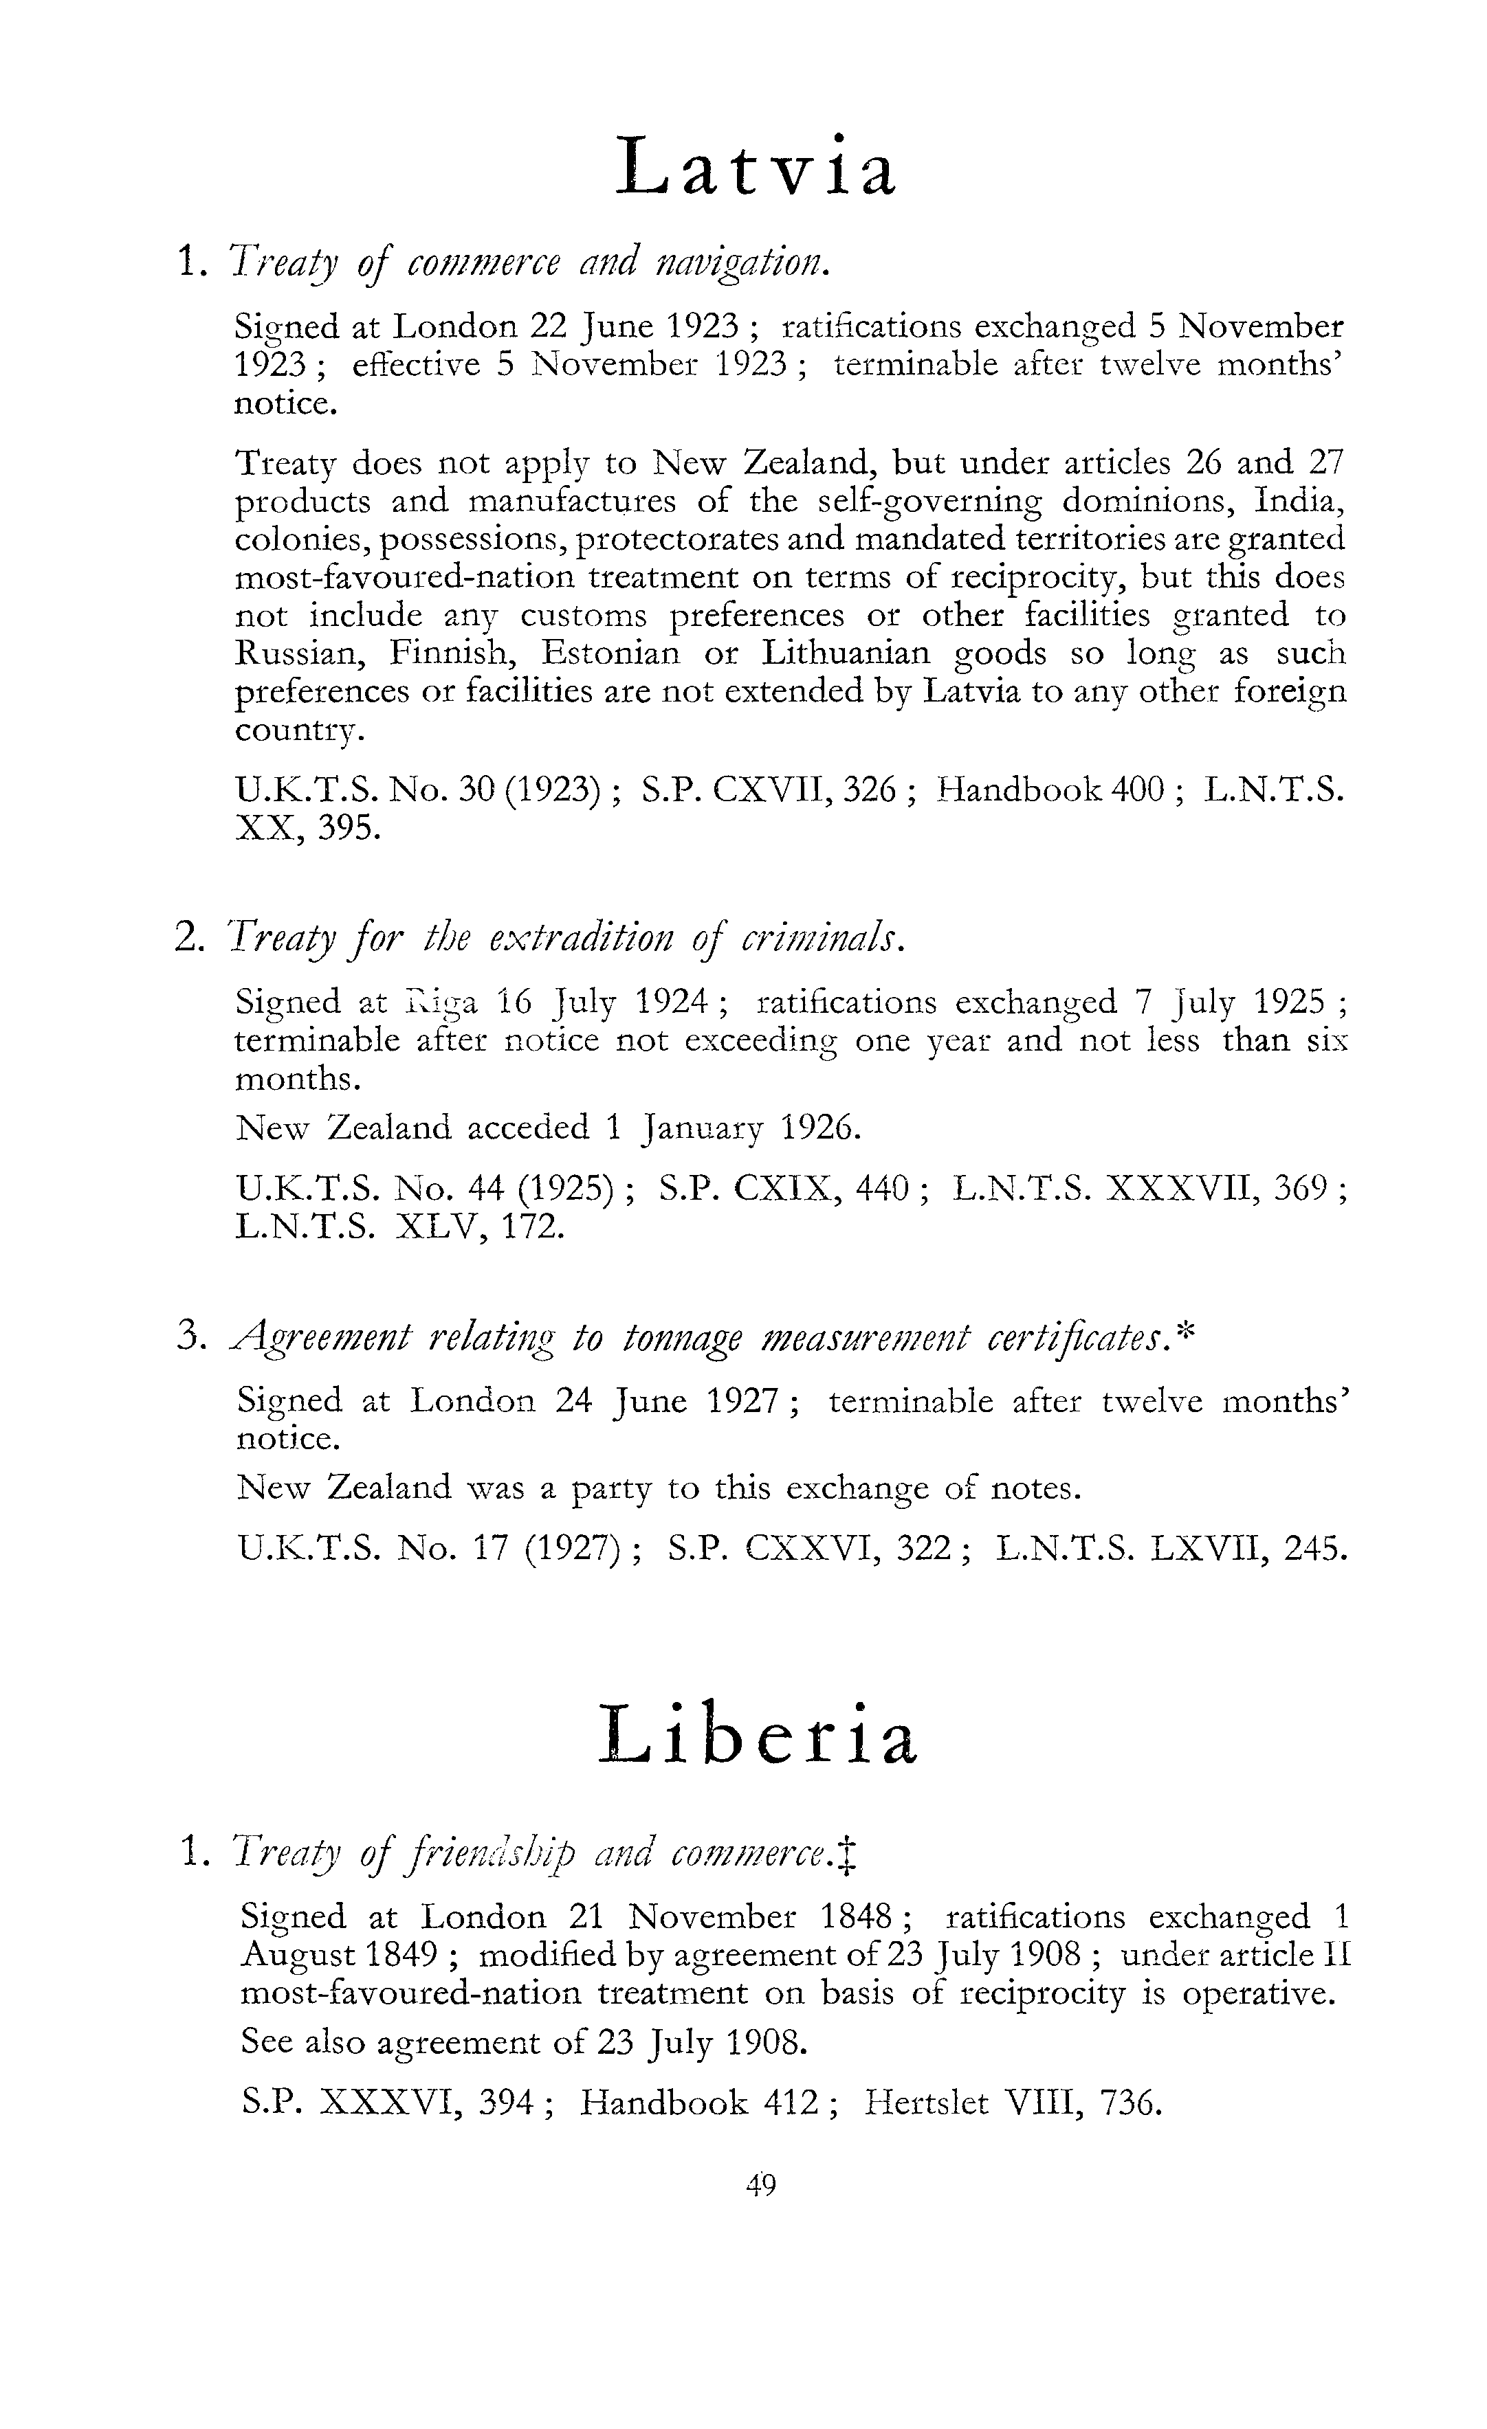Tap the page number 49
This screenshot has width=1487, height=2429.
761,2186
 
